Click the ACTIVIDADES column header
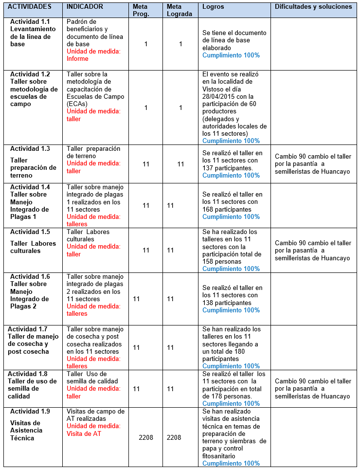pos(31,7)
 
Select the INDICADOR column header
pos(85,7)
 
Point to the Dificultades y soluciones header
pos(313,7)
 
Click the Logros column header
pos(214,7)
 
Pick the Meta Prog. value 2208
pos(145,437)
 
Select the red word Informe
pos(77,59)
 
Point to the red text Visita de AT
pos(84,434)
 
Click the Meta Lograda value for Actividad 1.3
pos(180,164)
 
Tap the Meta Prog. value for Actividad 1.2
pos(145,108)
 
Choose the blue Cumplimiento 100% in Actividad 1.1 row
pos(231,55)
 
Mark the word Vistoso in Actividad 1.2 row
pos(214,89)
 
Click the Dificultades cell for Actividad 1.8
pos(313,388)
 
